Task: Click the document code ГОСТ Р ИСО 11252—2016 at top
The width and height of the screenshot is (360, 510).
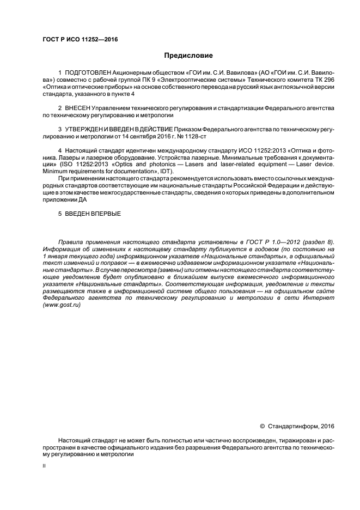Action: coord(80,39)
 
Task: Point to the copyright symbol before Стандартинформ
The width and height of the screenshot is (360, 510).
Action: coord(261,426)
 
